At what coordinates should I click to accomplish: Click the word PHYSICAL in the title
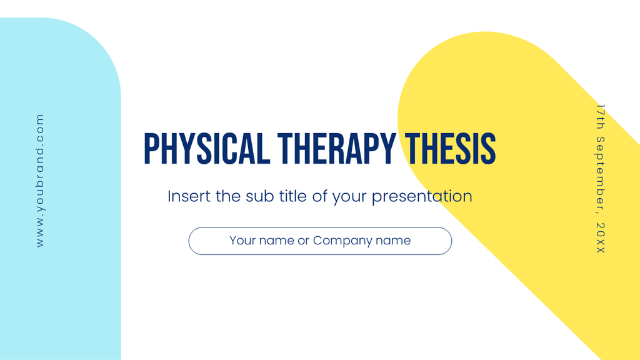click(x=207, y=149)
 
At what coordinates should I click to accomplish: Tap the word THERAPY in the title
click(x=337, y=149)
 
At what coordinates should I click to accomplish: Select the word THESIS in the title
click(x=450, y=149)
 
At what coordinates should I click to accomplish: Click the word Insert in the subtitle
click(x=189, y=196)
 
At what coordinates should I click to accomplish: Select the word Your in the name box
click(x=242, y=241)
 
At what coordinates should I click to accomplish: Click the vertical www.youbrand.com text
click(x=39, y=181)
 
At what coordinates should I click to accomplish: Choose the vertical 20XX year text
click(x=601, y=238)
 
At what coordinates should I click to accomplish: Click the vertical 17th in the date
click(x=601, y=117)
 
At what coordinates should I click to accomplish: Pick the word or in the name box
click(x=303, y=241)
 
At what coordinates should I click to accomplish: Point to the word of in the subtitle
click(x=319, y=196)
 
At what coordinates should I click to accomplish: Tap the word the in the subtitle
click(x=228, y=196)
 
